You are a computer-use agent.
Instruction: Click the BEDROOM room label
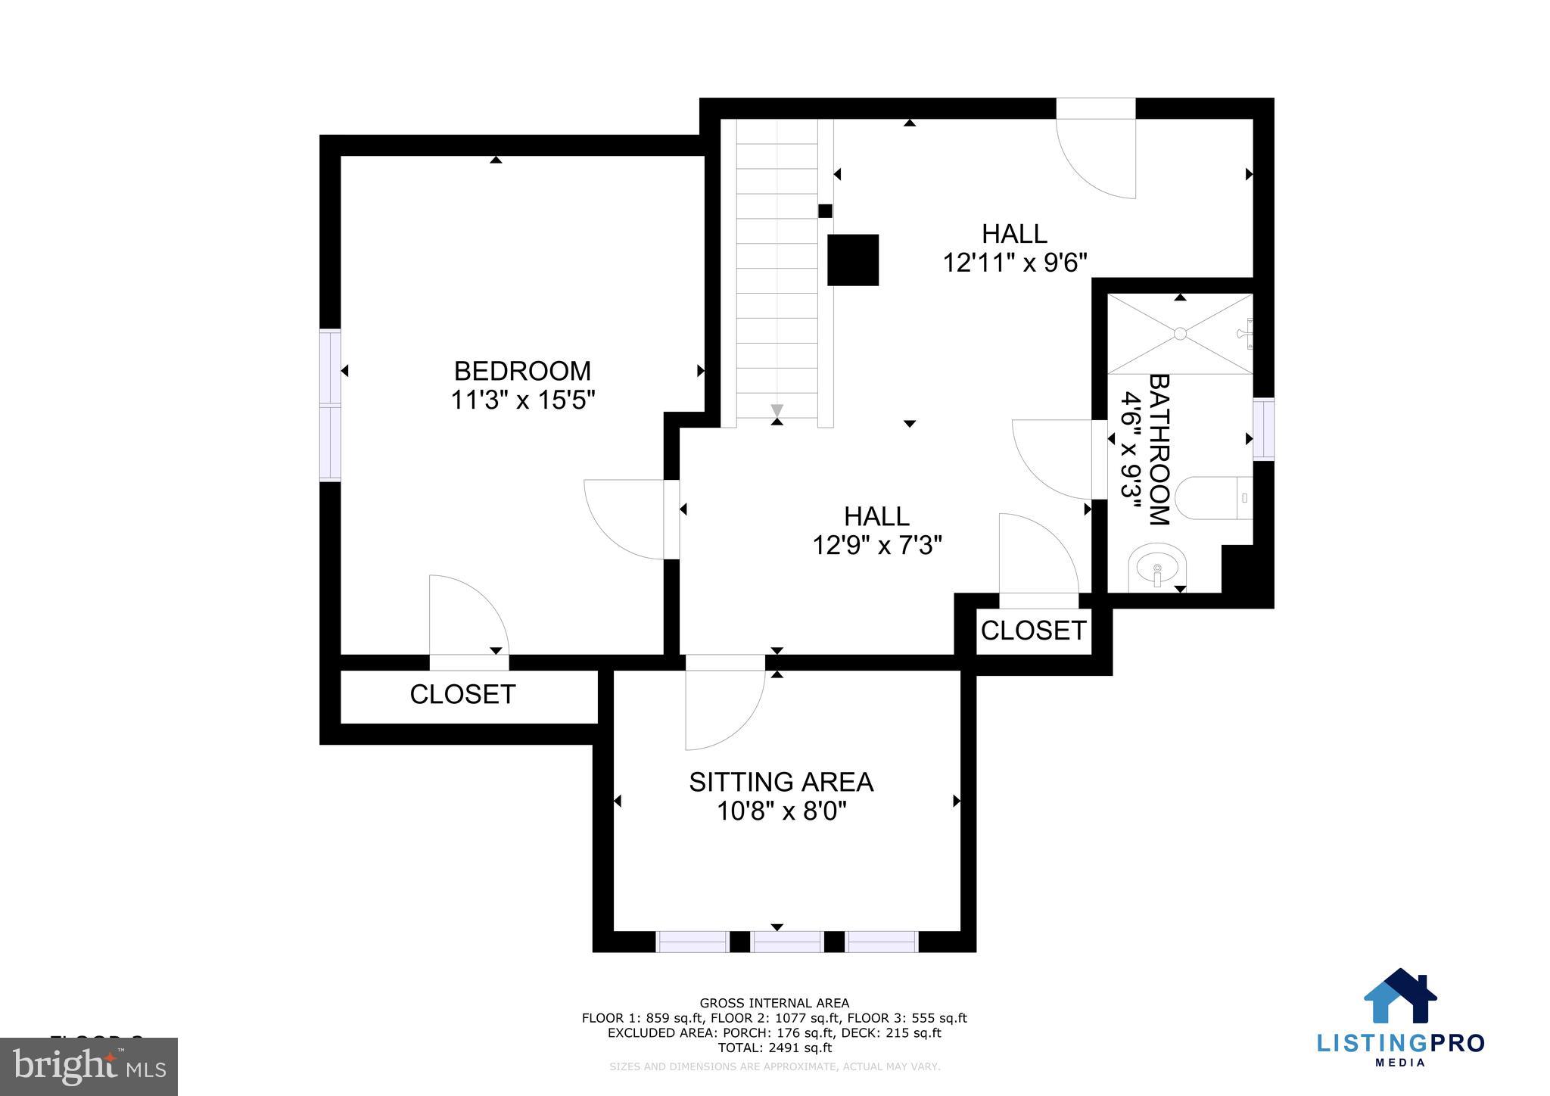[x=522, y=371]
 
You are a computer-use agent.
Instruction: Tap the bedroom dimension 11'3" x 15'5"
[x=523, y=400]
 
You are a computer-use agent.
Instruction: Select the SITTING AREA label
[x=781, y=782]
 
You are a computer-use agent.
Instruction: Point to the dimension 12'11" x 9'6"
[x=1014, y=263]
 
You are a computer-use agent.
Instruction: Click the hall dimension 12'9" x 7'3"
[x=876, y=545]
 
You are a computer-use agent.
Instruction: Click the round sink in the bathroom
[x=1157, y=566]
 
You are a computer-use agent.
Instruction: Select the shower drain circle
[x=1180, y=333]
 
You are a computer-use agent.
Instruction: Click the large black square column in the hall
[x=852, y=260]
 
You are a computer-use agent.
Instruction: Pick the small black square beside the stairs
[x=825, y=211]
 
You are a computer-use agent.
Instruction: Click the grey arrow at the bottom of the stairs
[x=777, y=410]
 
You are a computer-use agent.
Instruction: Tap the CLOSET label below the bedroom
[x=462, y=694]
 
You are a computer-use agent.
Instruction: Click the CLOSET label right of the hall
[x=1033, y=631]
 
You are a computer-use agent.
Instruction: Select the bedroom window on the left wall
[x=330, y=405]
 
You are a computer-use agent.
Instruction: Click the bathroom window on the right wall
[x=1263, y=428]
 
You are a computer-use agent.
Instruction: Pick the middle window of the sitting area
[x=786, y=942]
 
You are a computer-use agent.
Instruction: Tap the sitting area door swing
[x=723, y=708]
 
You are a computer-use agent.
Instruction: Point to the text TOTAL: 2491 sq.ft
[x=774, y=1048]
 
